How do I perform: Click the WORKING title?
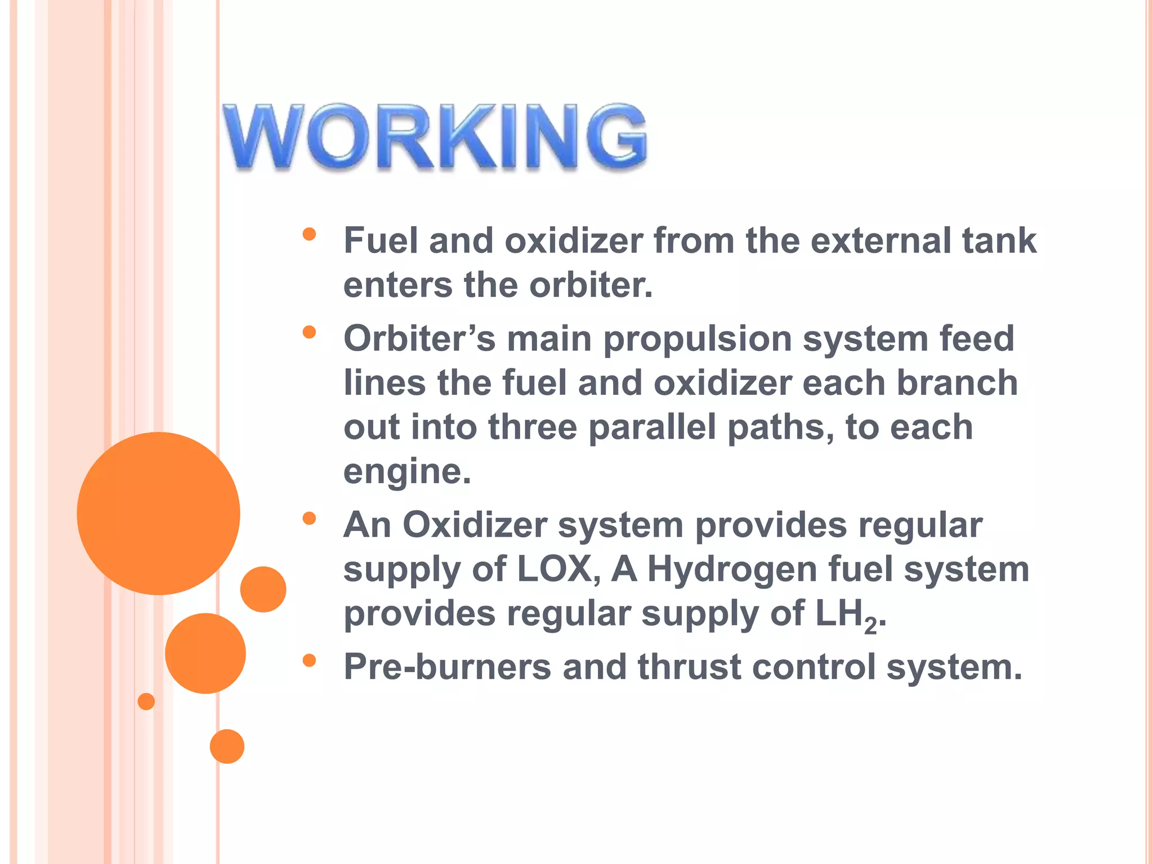(x=435, y=137)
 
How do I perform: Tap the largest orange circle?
(x=158, y=513)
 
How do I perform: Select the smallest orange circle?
(x=146, y=701)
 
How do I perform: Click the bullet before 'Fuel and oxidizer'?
(x=309, y=234)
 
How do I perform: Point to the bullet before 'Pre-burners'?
(x=309, y=660)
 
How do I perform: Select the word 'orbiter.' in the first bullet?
(x=591, y=285)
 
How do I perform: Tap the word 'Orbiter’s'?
(x=419, y=339)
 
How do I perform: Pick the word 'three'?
(x=533, y=427)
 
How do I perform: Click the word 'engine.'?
(x=407, y=471)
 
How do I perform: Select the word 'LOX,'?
(x=558, y=569)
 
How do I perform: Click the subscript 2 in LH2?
(x=870, y=625)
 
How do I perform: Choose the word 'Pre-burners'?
(x=448, y=667)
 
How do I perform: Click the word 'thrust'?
(x=689, y=667)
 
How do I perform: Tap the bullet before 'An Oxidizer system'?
(x=309, y=518)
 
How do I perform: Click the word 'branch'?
(x=957, y=383)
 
